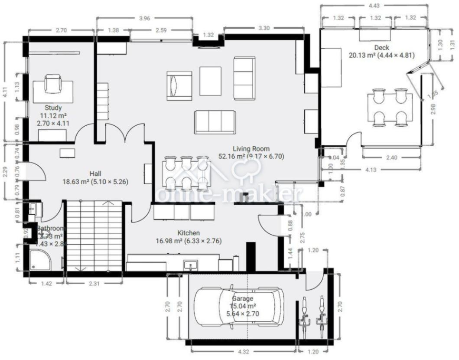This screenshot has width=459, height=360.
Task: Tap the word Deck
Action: click(x=381, y=48)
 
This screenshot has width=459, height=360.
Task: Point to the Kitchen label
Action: click(x=189, y=233)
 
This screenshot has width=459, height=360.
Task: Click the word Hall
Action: click(x=95, y=173)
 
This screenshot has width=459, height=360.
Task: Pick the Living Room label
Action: click(x=251, y=149)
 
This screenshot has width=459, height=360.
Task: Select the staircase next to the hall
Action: click(x=93, y=236)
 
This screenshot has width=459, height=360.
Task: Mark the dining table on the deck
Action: click(x=390, y=107)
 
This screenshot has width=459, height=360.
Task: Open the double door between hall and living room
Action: click(x=125, y=134)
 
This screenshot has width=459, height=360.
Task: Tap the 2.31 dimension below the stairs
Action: click(x=92, y=284)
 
